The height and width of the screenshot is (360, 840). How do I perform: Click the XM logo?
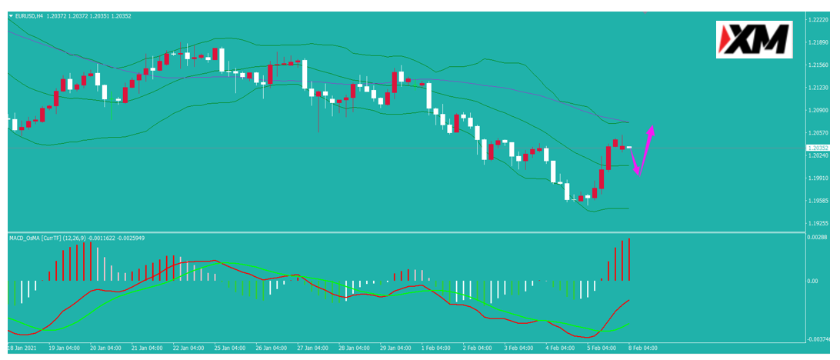pos(755,39)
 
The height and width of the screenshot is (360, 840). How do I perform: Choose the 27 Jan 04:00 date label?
pos(304,347)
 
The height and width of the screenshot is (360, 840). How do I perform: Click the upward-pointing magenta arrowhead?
pos(650,130)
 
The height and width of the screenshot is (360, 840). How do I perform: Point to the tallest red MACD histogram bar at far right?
pos(629,259)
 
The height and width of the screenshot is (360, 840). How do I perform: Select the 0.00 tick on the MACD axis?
pos(813,281)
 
